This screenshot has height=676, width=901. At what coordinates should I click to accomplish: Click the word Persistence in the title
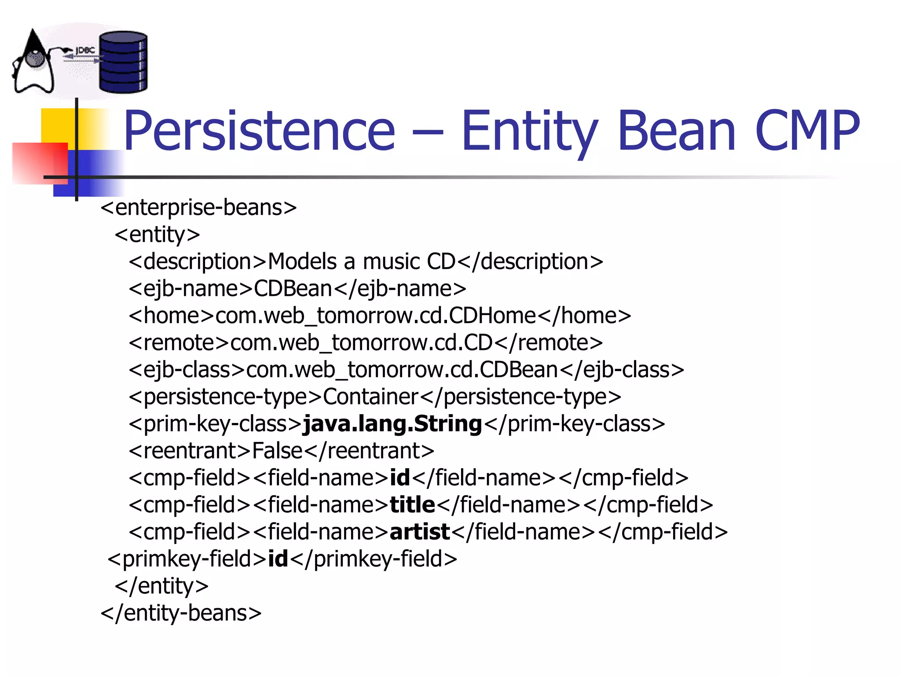coord(259,131)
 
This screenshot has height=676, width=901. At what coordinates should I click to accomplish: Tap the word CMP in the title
coord(807,131)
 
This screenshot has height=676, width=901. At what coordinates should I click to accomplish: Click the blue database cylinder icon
coord(123,62)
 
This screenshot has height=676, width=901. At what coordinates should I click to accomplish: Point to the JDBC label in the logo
coord(85,51)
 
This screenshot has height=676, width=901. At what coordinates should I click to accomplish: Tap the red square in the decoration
coord(40,162)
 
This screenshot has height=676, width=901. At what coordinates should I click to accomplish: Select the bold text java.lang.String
coord(393,424)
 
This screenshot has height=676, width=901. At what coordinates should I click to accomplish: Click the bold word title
coord(412,505)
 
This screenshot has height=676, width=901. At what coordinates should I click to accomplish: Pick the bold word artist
coord(420,532)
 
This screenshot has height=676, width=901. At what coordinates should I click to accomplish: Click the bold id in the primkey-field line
coord(278,559)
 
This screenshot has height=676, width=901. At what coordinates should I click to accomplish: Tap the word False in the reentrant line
coord(277,451)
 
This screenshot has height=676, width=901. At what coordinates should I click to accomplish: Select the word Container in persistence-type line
coord(370,397)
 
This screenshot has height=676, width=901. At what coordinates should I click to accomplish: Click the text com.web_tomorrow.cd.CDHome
coord(375,316)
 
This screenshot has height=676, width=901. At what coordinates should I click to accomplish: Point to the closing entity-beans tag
coord(181,613)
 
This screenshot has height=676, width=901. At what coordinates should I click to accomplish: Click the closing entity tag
coord(161,586)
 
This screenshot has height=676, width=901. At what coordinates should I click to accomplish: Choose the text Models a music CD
coord(362,261)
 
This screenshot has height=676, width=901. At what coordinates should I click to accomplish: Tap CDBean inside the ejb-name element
coord(293,289)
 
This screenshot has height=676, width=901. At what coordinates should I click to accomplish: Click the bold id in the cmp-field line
coord(400,478)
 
